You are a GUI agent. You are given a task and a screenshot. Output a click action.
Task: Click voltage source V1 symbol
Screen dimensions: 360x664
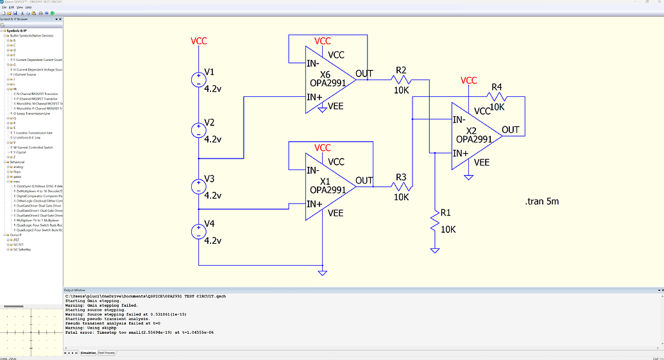click(x=199, y=80)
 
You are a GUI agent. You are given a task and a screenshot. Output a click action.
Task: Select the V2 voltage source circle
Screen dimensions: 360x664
click(x=199, y=130)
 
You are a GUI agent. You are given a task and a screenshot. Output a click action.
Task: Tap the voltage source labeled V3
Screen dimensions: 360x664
click(x=199, y=186)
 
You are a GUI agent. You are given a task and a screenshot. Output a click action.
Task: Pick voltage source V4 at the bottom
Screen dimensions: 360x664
click(x=199, y=232)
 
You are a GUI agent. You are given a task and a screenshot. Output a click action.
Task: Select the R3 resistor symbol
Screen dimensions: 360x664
click(x=401, y=187)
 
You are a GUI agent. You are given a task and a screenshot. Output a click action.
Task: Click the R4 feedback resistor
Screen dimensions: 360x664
click(x=497, y=98)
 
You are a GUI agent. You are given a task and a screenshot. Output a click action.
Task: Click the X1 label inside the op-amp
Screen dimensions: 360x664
click(x=326, y=180)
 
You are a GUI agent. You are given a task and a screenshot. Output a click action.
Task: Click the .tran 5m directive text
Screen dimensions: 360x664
click(x=541, y=201)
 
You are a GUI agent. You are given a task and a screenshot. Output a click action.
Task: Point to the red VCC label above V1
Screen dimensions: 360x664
click(x=199, y=42)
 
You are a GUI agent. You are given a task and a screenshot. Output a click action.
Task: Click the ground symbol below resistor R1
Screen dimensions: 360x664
click(x=435, y=250)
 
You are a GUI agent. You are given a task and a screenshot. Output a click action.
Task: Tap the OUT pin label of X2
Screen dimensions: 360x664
click(x=511, y=130)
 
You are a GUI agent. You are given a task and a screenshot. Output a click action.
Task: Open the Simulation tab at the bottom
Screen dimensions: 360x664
click(x=87, y=353)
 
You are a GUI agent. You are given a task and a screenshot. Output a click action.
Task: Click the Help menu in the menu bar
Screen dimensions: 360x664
click(x=28, y=7)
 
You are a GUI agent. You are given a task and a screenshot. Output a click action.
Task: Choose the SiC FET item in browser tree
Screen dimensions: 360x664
click(x=20, y=244)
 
